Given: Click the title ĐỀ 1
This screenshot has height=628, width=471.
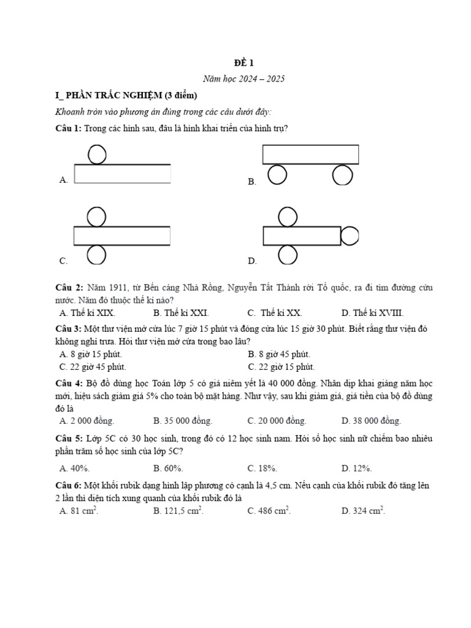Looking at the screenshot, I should pyautogui.click(x=243, y=63).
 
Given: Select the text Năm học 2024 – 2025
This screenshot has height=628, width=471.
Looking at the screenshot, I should pyautogui.click(x=243, y=79).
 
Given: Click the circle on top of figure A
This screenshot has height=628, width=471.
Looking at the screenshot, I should pyautogui.click(x=97, y=154).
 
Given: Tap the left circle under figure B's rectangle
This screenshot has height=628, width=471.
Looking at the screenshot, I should pyautogui.click(x=277, y=175).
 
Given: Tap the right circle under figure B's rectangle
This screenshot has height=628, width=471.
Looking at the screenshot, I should pyautogui.click(x=342, y=175).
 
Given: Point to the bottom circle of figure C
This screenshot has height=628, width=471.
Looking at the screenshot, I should pyautogui.click(x=97, y=254).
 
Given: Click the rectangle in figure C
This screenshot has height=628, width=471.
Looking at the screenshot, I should pyautogui.click(x=122, y=235).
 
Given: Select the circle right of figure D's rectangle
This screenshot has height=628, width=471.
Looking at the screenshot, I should pyautogui.click(x=350, y=235).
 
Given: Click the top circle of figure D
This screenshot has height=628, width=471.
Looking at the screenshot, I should pyautogui.click(x=287, y=217).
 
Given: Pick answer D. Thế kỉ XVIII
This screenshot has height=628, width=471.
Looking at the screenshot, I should pyautogui.click(x=372, y=313).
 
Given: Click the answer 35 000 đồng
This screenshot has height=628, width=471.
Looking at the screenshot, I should pyautogui.click(x=183, y=421).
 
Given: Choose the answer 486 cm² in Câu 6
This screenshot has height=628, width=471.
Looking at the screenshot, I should pyautogui.click(x=269, y=510).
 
